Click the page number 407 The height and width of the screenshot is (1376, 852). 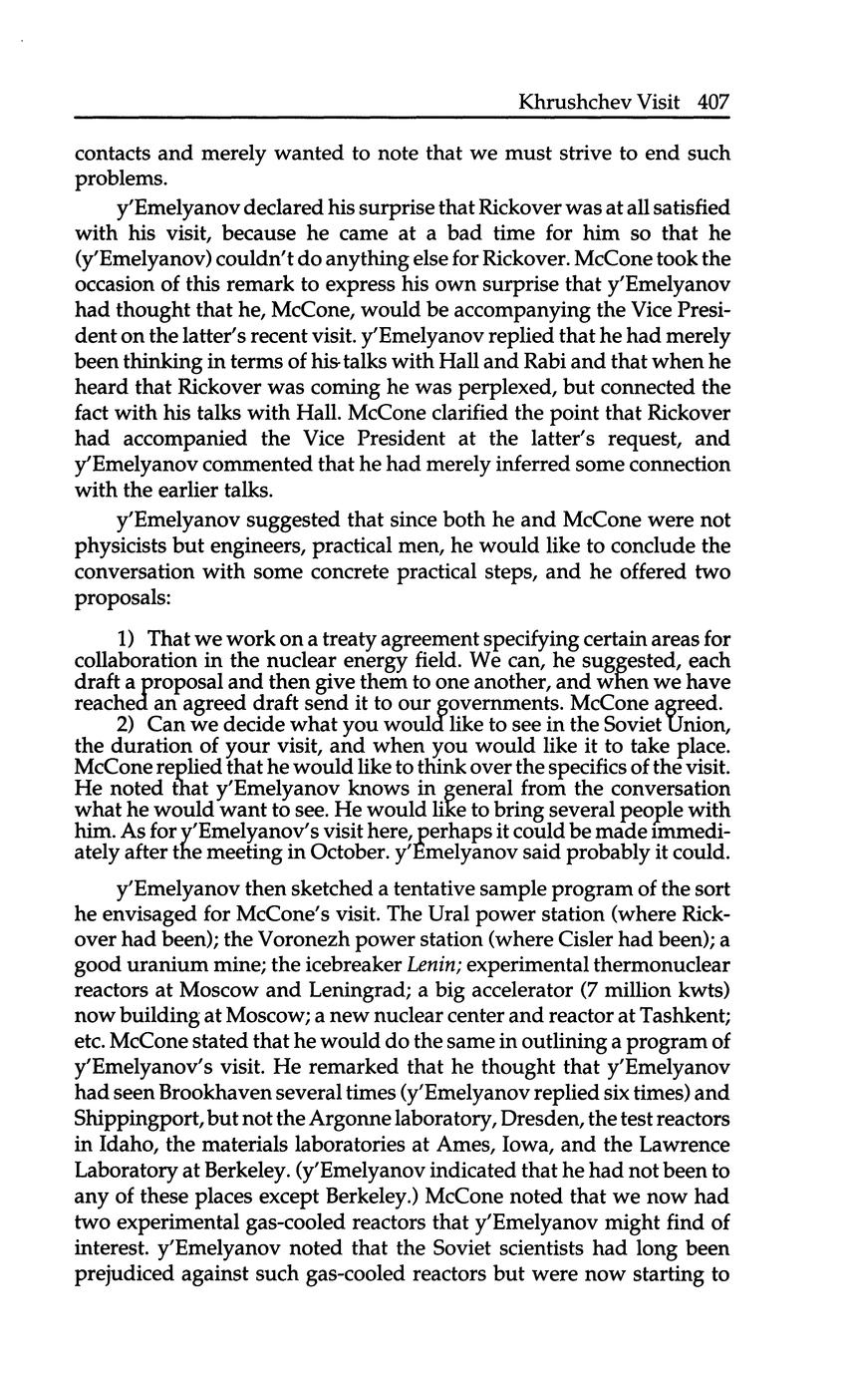[x=713, y=102]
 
